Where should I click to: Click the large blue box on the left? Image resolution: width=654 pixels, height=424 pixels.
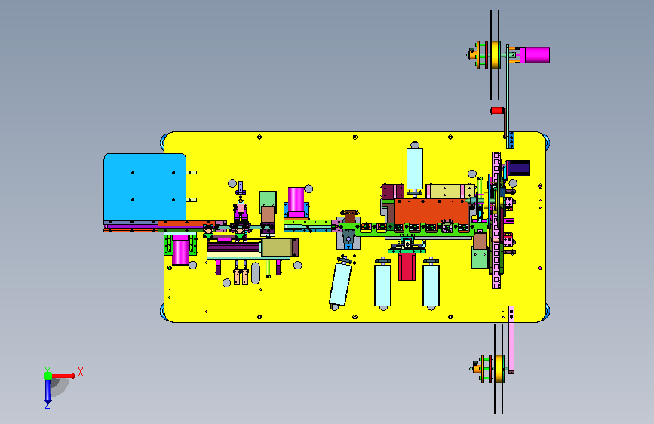145,187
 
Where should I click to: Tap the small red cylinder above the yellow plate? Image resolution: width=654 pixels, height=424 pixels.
497,111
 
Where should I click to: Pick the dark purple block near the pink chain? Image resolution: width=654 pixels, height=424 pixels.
517,167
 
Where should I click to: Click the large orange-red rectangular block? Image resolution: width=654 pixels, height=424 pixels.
431,211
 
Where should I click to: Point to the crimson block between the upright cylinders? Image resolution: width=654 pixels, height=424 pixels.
407,266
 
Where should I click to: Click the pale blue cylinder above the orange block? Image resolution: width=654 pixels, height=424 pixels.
415,168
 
